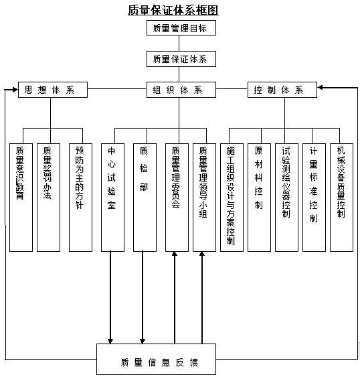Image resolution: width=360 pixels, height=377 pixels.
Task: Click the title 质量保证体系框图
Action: coord(173,10)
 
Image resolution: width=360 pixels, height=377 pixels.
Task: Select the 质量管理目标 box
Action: coord(180,28)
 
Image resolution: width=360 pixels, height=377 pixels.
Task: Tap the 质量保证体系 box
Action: coord(180,59)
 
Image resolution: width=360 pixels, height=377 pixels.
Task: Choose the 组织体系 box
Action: coord(180,89)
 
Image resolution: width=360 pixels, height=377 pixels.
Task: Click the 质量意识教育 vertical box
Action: coord(21,197)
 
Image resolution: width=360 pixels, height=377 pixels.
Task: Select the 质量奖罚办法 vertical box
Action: coord(48,197)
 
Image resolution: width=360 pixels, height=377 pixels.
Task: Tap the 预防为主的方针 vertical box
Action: coord(80,197)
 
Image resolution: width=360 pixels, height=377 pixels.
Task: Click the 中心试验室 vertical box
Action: coord(112,197)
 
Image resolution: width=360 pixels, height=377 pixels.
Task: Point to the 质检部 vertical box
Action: coord(144,197)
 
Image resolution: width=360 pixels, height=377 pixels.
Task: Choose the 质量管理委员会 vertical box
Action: coord(176,197)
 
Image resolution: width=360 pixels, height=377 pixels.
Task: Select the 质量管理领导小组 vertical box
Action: coord(203,197)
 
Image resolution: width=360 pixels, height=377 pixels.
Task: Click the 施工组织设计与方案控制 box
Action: coord(231,197)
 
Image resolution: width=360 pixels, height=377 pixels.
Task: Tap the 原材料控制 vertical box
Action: coord(258,197)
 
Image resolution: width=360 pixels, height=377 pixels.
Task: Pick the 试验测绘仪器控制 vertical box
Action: coord(286,197)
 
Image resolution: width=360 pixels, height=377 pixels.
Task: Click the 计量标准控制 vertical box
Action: coord(313,197)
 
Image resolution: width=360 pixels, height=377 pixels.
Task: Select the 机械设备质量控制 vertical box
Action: coord(341,197)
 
